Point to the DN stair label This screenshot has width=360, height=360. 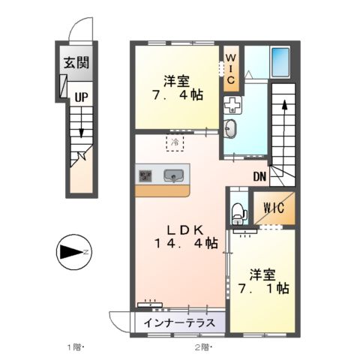pos(259,178)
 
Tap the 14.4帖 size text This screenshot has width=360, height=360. pos(187,244)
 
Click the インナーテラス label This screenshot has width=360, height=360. pos(181,324)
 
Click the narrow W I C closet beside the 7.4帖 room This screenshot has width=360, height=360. pos(231,69)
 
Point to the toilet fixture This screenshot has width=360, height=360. pos(238,213)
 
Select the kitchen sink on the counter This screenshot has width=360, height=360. pos(173,177)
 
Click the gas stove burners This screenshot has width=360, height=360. pos(145,177)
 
